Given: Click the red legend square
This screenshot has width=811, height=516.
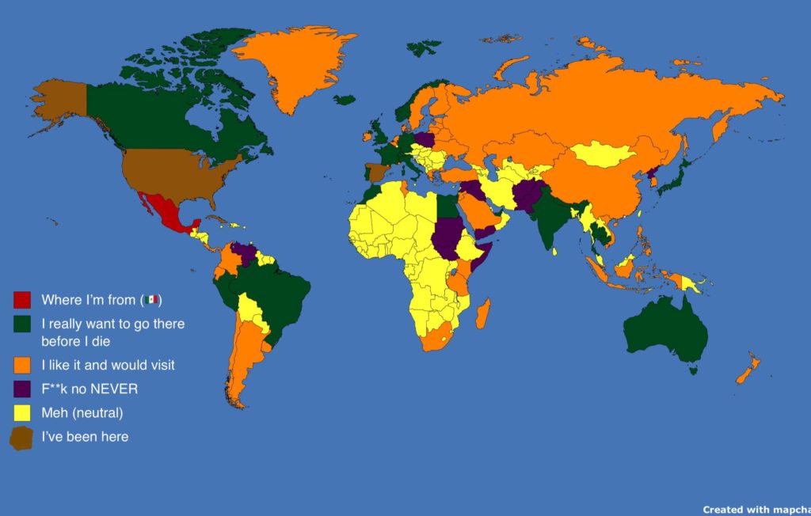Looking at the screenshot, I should (22, 300).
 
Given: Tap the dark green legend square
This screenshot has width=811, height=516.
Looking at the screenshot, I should (22, 324).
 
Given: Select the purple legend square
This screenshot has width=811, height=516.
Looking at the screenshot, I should (22, 389).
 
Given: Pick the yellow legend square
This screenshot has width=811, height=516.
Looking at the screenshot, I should (22, 412).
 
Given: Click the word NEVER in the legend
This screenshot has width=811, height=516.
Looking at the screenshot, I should (115, 389).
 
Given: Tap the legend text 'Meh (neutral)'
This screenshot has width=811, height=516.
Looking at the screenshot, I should (82, 412).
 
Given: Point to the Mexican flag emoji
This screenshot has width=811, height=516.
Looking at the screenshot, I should (151, 300).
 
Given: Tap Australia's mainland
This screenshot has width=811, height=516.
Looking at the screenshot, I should (665, 328).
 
